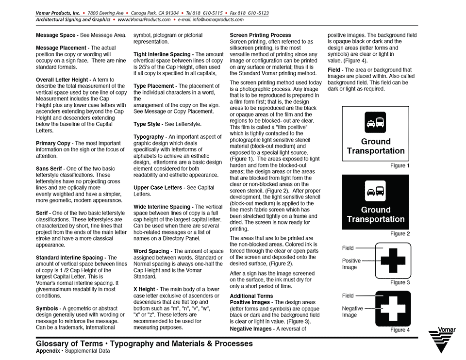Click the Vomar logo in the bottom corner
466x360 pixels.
(x=442, y=341)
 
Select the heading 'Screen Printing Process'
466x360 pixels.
(x=260, y=35)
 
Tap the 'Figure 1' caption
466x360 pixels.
(x=400, y=166)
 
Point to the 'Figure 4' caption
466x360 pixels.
(x=400, y=330)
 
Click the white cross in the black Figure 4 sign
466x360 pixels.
(x=393, y=308)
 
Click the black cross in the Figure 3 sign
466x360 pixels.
(x=393, y=261)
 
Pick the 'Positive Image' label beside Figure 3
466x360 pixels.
(x=351, y=264)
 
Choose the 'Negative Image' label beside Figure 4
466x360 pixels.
(x=352, y=311)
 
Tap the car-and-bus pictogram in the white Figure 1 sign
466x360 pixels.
(x=376, y=122)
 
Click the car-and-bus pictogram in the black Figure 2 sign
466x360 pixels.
(x=376, y=190)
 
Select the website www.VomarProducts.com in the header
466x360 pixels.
(x=144, y=20)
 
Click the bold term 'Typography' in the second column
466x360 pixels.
(x=149, y=137)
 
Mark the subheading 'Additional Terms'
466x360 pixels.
(x=251, y=296)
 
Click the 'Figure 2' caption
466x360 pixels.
(x=400, y=234)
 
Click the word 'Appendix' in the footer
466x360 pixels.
(x=48, y=351)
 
